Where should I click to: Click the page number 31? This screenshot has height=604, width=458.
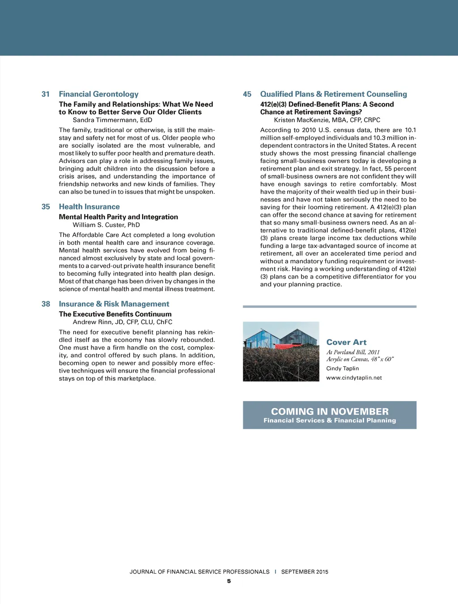click(46, 94)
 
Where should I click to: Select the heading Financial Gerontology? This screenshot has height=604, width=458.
click(98, 94)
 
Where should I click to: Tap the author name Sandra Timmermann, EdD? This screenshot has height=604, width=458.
click(112, 120)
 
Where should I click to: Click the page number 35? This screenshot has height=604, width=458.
click(46, 206)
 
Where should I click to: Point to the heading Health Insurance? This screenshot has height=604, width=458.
click(89, 206)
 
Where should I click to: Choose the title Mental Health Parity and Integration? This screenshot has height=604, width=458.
click(118, 217)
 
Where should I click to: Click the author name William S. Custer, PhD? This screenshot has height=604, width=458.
click(106, 225)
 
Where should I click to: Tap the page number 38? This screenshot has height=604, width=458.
click(46, 304)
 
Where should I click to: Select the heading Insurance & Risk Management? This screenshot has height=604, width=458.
click(114, 304)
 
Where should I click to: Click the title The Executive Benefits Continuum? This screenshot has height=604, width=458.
click(115, 314)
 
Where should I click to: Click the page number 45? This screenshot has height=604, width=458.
click(247, 94)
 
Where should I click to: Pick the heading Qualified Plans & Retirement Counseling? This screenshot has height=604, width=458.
click(333, 94)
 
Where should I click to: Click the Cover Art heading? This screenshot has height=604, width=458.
click(346, 342)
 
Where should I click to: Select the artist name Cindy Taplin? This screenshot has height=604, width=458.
click(342, 368)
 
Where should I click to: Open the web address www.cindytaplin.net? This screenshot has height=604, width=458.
click(354, 377)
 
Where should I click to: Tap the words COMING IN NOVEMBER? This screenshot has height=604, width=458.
click(330, 411)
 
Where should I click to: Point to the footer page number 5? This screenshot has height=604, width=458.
click(229, 581)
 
